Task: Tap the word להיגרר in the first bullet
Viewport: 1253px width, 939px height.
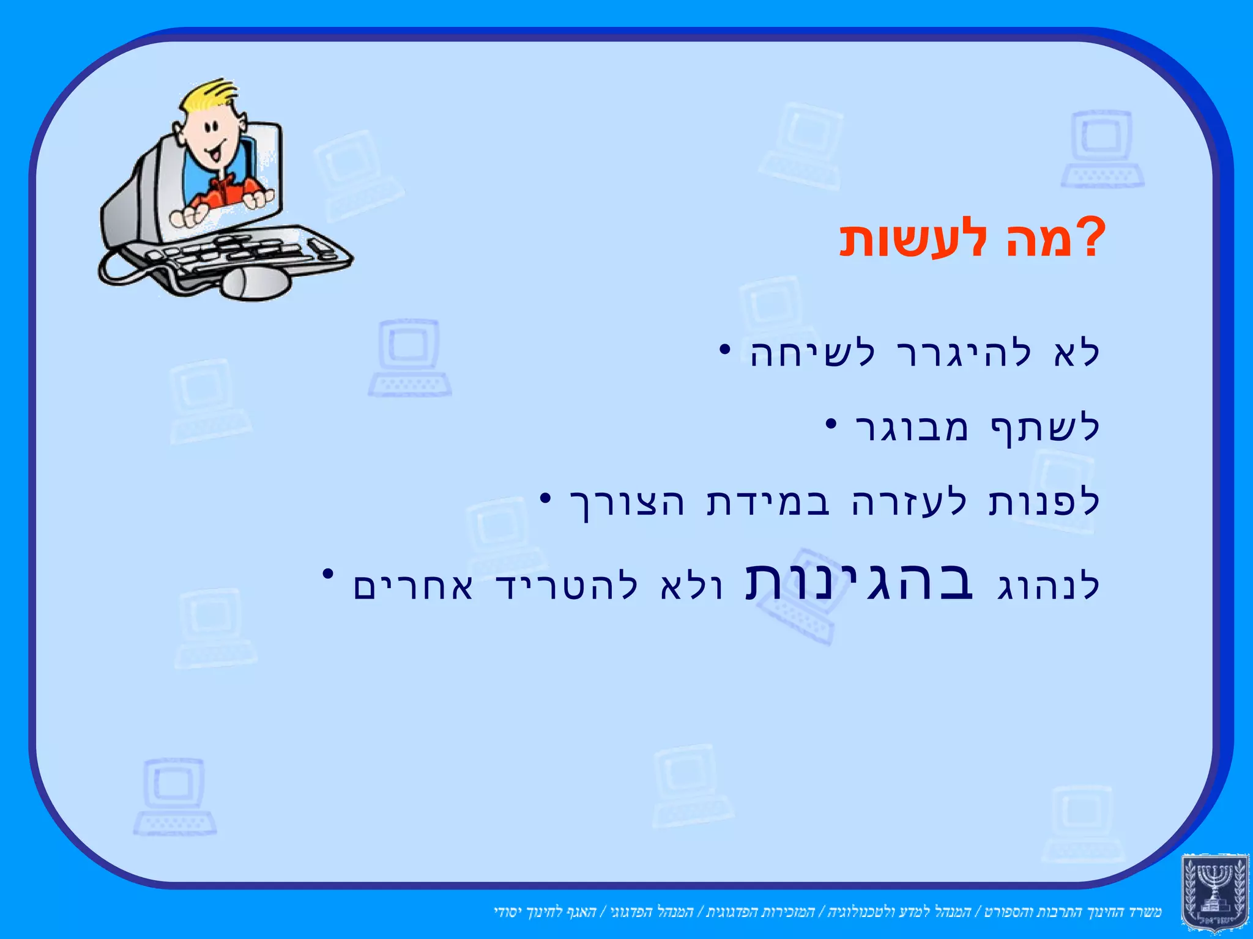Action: pyautogui.click(x=964, y=354)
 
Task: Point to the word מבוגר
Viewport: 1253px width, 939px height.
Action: pyautogui.click(x=912, y=429)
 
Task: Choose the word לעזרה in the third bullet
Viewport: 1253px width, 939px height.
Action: pyautogui.click(x=910, y=503)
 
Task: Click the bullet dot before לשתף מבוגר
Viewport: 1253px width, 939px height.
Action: pyautogui.click(x=830, y=423)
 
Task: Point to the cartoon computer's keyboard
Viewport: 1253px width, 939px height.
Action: pyautogui.click(x=245, y=251)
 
